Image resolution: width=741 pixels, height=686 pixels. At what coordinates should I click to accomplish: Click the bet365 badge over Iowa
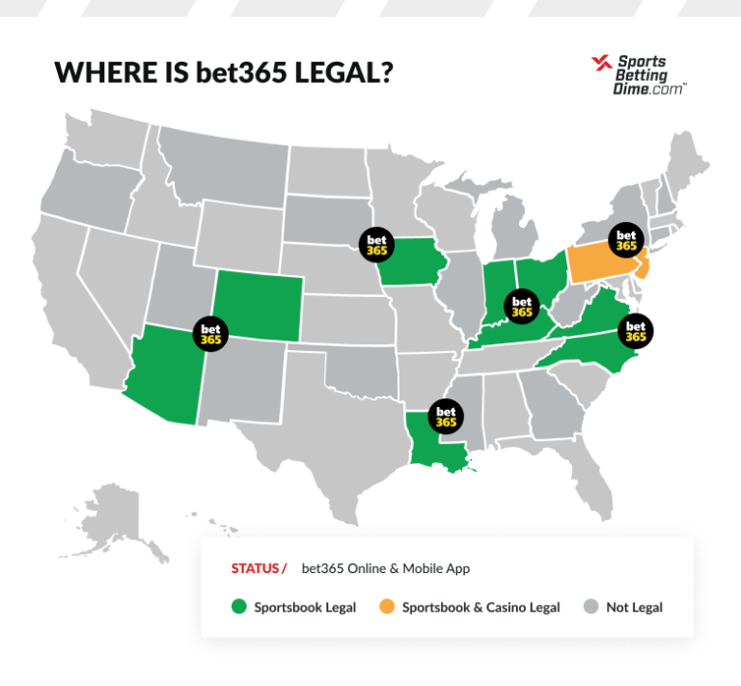point(376,243)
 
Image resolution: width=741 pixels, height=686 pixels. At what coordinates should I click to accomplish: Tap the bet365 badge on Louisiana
point(445,415)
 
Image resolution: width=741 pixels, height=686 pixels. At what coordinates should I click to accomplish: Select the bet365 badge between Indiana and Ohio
point(522,306)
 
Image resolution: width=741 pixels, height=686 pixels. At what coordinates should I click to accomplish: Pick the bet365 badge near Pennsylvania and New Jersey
point(626,239)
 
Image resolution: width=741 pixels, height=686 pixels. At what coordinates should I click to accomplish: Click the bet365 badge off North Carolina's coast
point(636,330)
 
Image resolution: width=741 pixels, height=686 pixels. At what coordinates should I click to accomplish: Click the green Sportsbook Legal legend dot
point(239,607)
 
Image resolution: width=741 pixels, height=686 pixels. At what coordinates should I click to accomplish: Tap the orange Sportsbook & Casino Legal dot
point(386,607)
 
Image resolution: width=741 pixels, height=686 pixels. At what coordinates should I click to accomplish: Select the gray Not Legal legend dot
point(590,607)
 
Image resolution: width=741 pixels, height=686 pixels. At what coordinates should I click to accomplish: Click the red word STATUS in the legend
point(255,568)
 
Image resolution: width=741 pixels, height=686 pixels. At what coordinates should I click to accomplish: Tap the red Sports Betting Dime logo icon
point(601,65)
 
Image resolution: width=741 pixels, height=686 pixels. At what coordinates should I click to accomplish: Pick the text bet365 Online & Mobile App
point(385,568)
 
